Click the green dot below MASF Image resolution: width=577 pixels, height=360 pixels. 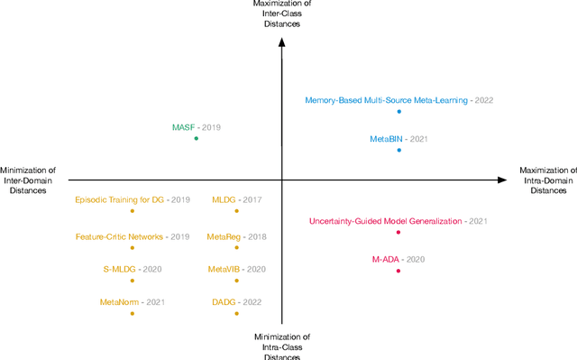196,139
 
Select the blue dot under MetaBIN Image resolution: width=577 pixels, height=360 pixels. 398,151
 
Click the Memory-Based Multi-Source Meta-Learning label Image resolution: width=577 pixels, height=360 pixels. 386,100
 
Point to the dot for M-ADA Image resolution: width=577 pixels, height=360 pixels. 398,271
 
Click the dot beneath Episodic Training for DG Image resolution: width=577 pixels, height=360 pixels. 133,210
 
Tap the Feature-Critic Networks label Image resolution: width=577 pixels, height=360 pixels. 120,236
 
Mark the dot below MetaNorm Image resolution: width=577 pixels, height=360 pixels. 133,313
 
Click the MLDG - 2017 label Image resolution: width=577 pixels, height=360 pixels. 236,198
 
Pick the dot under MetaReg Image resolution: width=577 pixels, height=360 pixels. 237,247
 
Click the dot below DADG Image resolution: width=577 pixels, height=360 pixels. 237,313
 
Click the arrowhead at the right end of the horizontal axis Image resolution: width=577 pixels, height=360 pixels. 503,180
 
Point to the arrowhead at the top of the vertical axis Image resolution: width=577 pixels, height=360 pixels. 282,36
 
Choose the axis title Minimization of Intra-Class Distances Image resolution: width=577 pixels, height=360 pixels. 283,346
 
